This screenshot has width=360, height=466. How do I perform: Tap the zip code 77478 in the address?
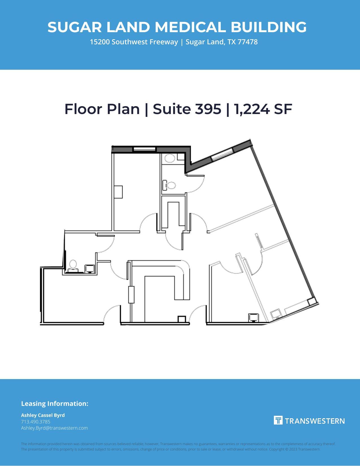tap(247, 42)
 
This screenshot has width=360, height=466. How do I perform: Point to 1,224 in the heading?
tap(252, 109)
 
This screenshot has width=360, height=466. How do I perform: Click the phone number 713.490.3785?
tap(36, 422)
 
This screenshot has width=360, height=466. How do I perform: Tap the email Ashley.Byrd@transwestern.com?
tap(54, 428)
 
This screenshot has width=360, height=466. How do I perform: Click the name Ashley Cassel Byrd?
tap(43, 415)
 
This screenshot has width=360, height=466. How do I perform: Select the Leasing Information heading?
tap(55, 404)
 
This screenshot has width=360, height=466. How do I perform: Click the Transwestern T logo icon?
tap(278, 420)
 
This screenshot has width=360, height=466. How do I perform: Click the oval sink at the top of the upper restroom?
tap(170, 158)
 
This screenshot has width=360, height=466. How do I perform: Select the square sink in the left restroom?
tap(90, 268)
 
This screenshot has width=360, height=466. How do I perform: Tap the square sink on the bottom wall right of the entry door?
tap(254, 318)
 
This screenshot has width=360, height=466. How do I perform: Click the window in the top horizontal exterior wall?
tap(145, 149)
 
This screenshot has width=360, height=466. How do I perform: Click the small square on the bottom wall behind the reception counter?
tap(182, 319)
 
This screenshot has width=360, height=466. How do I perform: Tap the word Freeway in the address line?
tap(164, 42)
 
